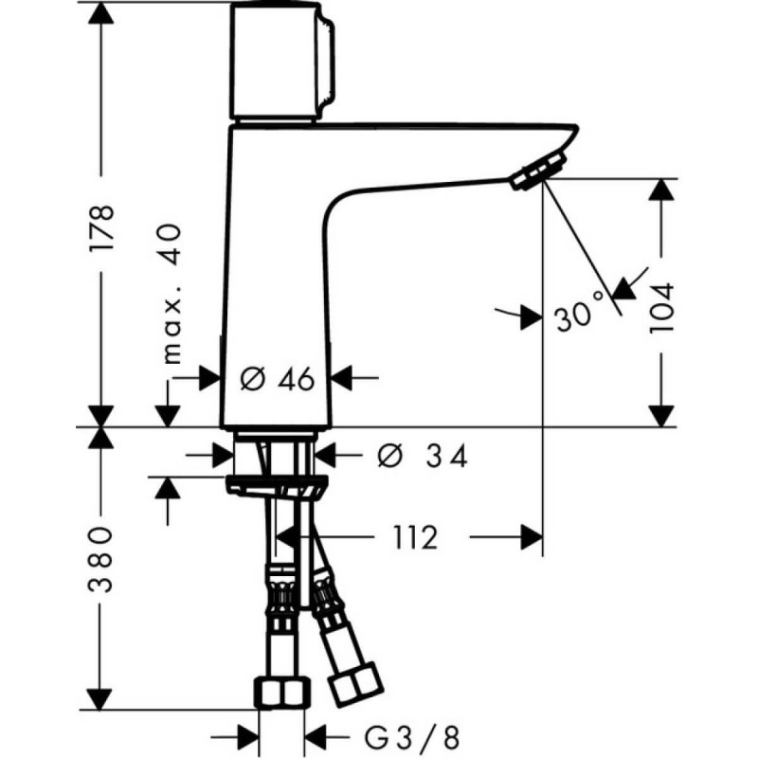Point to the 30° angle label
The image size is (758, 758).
580,314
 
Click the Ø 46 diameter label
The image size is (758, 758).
277,379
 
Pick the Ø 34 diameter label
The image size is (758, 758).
423,457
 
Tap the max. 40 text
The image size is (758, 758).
171,295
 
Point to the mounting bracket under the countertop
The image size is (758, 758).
278,487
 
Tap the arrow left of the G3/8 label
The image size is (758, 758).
248,734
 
